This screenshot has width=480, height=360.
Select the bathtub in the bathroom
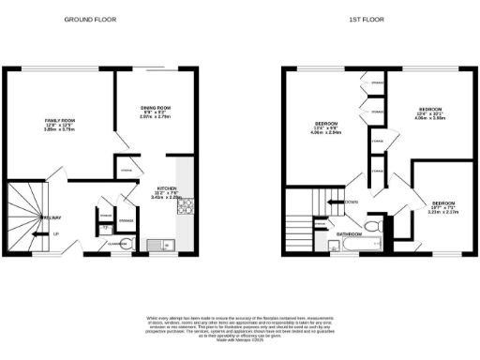(359, 245)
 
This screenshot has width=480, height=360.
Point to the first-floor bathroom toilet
(370, 227)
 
